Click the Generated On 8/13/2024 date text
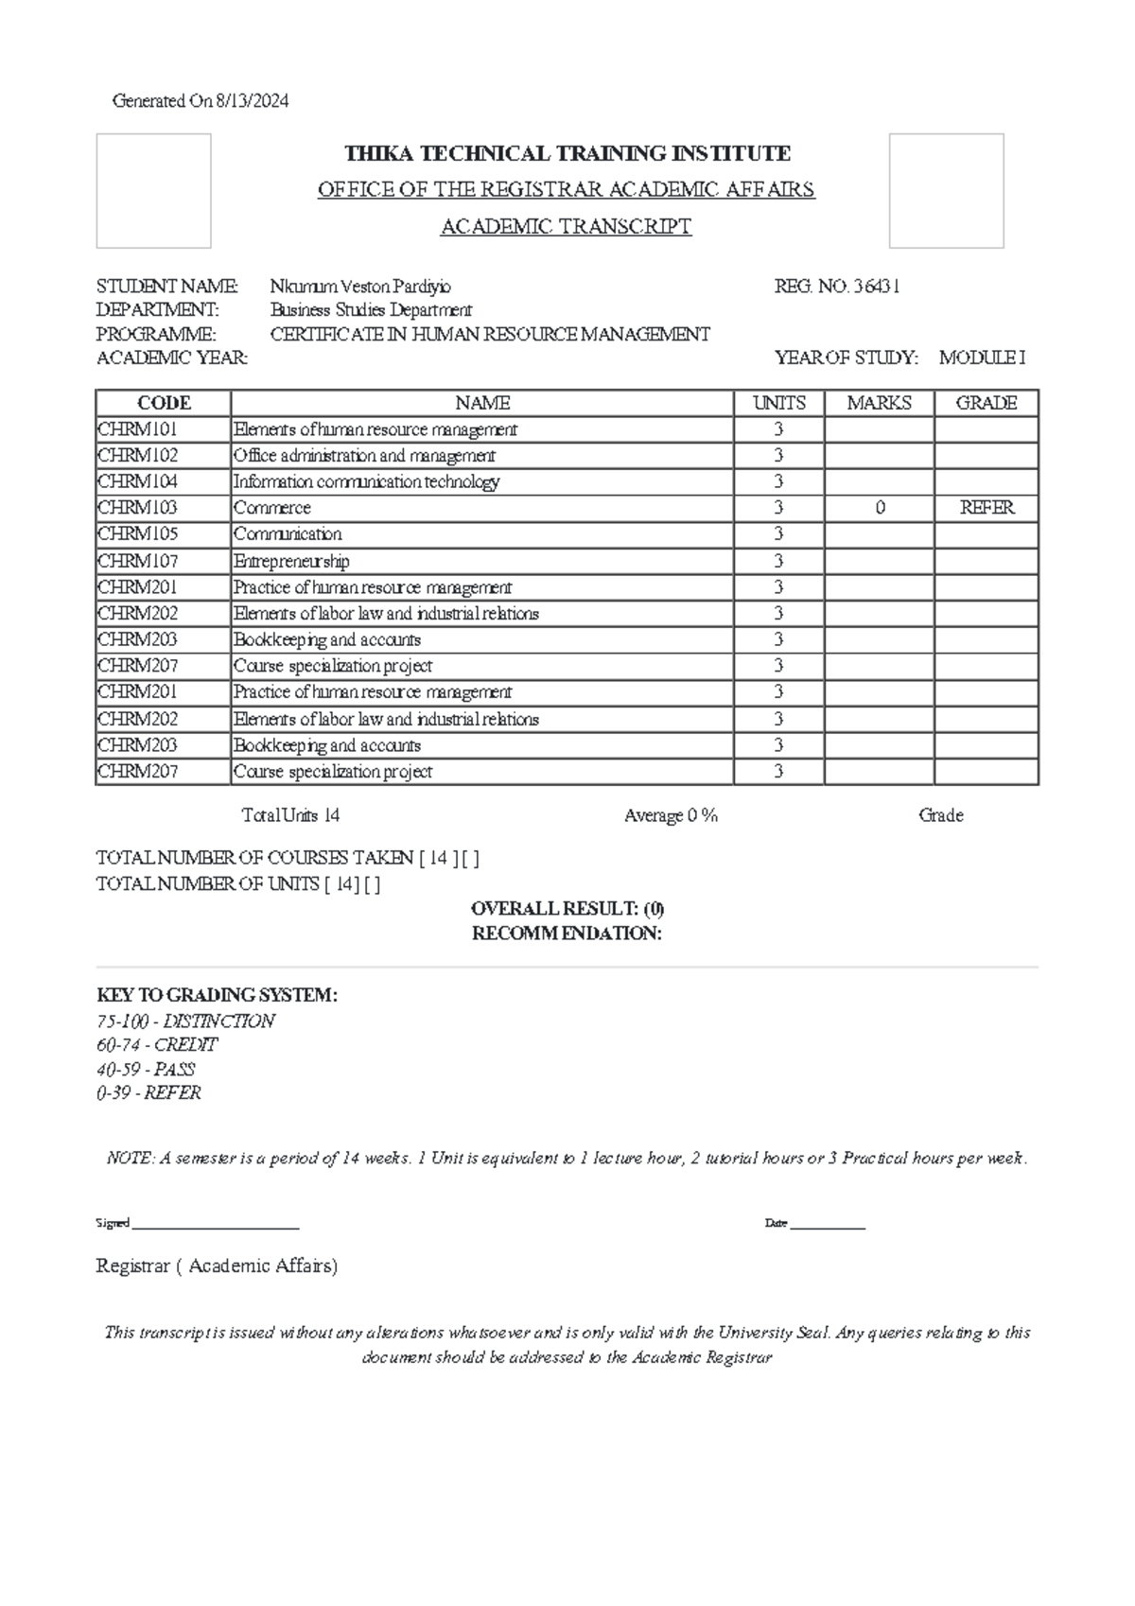click(x=201, y=101)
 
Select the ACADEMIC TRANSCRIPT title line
click(x=567, y=227)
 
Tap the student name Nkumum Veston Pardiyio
click(x=360, y=286)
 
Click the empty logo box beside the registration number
click(x=946, y=191)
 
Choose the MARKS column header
click(x=879, y=403)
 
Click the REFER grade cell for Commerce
click(x=987, y=508)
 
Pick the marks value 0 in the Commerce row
click(x=880, y=508)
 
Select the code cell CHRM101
click(x=137, y=429)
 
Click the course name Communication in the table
click(x=288, y=534)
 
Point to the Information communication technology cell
click(x=366, y=481)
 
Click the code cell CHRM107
click(x=137, y=561)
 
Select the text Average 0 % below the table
click(x=671, y=815)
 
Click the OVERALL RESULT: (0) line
click(x=567, y=909)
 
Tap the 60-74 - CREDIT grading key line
click(x=157, y=1045)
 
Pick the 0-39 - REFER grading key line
click(x=148, y=1093)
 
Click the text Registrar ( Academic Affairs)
click(x=217, y=1266)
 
